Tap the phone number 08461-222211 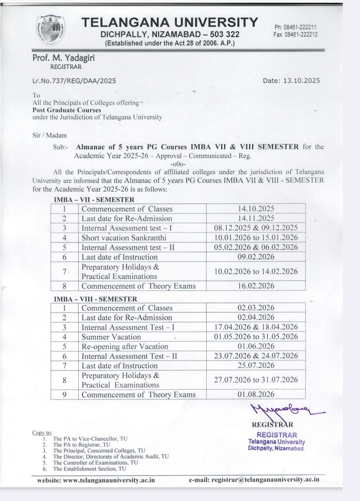click(295, 27)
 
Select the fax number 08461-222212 click(295, 35)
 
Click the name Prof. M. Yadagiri click(63, 58)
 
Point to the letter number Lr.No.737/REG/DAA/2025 click(74, 81)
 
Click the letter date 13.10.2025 click(300, 81)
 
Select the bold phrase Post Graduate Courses click(67, 110)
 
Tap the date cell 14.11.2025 click(256, 218)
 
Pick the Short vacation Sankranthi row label click(124, 238)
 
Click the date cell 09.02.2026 click(256, 257)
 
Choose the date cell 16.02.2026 click(256, 286)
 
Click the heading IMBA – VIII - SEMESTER click(95, 299)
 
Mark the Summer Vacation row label click(111, 337)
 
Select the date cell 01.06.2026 click(256, 346)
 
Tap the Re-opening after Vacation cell click(125, 347)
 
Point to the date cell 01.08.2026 click(256, 394)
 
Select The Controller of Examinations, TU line click(96, 463)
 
